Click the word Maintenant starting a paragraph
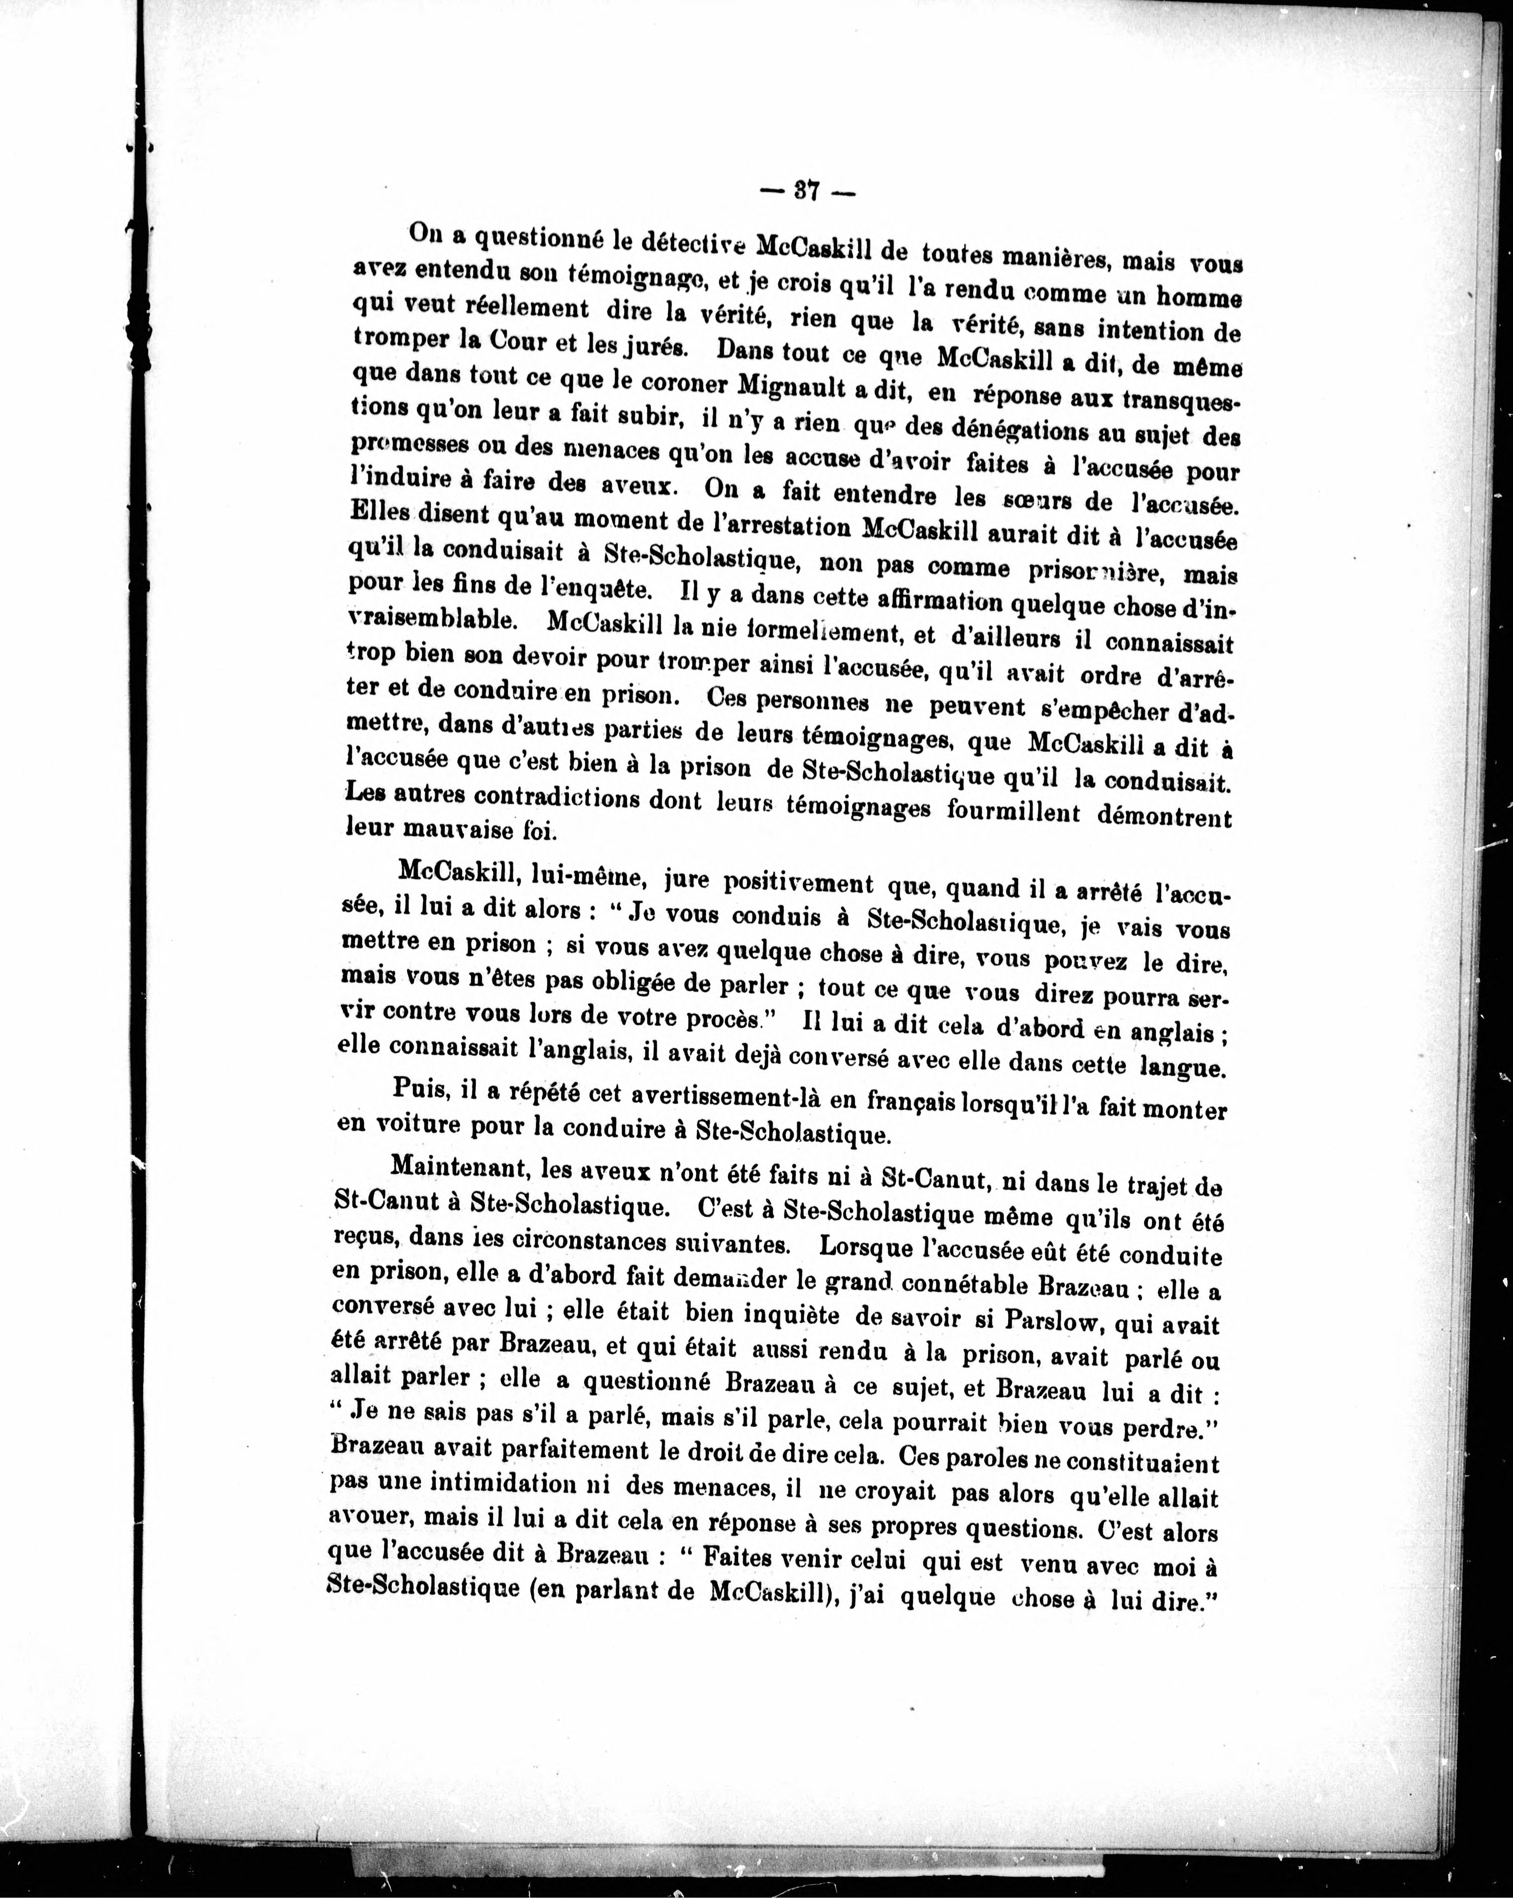point(458,1168)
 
